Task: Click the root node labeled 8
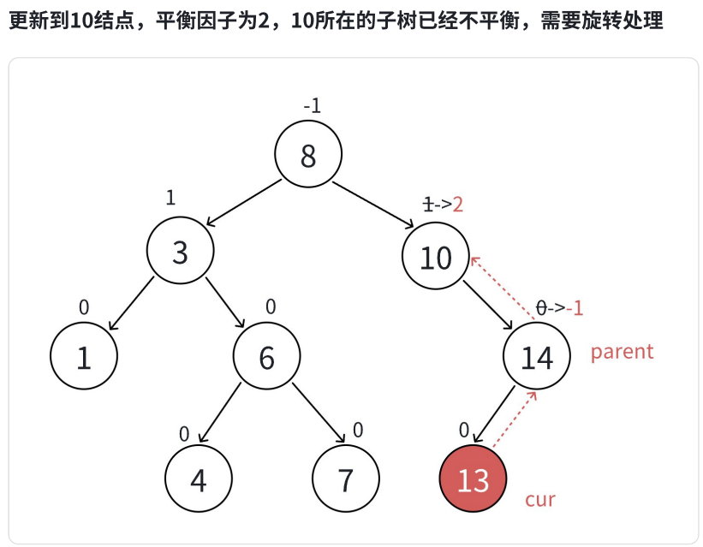pyautogui.click(x=308, y=155)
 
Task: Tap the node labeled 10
pyautogui.click(x=436, y=257)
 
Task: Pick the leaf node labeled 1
pyautogui.click(x=84, y=358)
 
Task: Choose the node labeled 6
pyautogui.click(x=267, y=358)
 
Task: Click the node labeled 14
pyautogui.click(x=537, y=359)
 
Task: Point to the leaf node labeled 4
pyautogui.click(x=198, y=479)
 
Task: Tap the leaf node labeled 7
pyautogui.click(x=345, y=479)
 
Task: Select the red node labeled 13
pyautogui.click(x=473, y=479)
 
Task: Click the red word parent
pyautogui.click(x=622, y=351)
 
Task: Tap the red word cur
pyautogui.click(x=539, y=499)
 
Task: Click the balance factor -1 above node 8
pyautogui.click(x=312, y=106)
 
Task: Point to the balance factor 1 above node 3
pyautogui.click(x=170, y=198)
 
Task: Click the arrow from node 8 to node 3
pyautogui.click(x=244, y=204)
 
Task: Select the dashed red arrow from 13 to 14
pyautogui.click(x=515, y=419)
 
